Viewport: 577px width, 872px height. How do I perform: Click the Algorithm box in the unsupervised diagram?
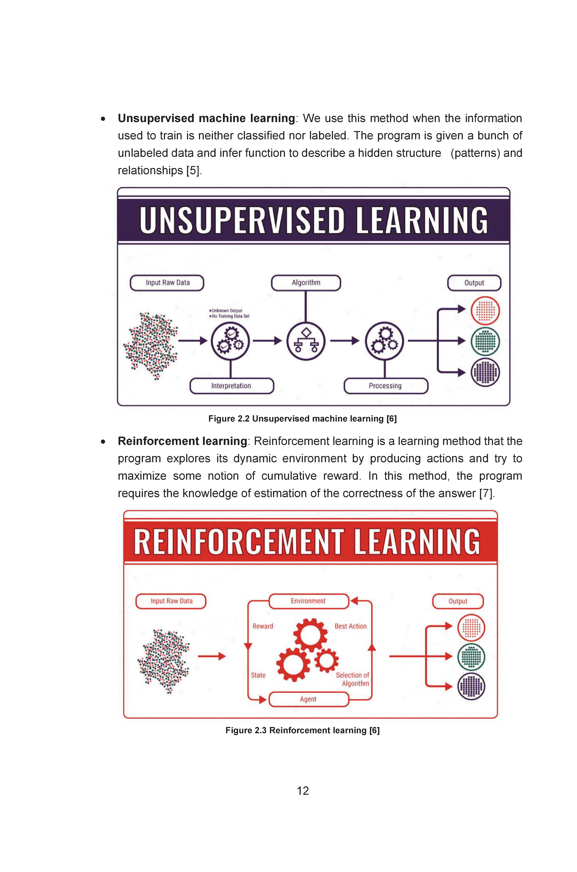pos(306,283)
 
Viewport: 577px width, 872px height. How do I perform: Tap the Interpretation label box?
pos(231,386)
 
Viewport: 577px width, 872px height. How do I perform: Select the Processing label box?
pos(386,386)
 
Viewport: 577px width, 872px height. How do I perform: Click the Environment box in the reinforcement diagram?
pos(308,601)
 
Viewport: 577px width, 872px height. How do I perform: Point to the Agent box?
pos(308,699)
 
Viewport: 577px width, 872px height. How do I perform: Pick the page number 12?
pos(303,791)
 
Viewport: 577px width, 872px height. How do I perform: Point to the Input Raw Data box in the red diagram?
pos(171,601)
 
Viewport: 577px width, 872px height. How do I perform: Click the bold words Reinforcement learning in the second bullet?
pos(182,441)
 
